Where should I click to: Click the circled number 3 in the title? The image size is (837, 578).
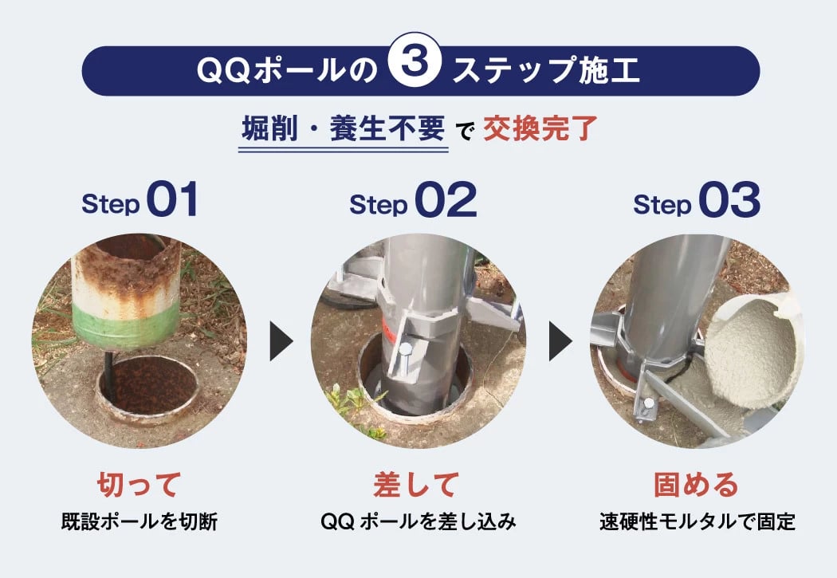[x=415, y=63]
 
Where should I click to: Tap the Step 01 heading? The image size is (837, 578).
[x=139, y=199]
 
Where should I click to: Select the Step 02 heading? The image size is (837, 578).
[x=413, y=199]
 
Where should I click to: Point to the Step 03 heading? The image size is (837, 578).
[x=697, y=199]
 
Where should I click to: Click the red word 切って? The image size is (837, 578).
[x=139, y=485]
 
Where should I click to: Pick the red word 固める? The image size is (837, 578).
[x=697, y=485]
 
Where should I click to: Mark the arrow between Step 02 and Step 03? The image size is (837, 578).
[x=560, y=340]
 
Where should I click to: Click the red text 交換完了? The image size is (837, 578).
[x=540, y=128]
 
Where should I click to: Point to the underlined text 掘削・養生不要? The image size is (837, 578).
[x=344, y=128]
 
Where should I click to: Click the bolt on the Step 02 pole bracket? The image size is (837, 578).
[x=405, y=352]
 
